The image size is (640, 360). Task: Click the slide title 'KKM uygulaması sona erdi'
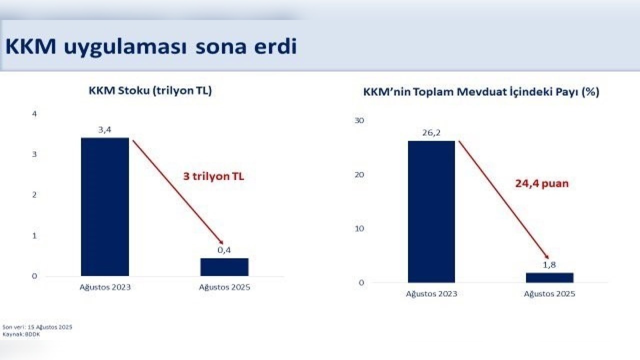(151, 47)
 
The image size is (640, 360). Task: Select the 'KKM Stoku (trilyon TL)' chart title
(150, 91)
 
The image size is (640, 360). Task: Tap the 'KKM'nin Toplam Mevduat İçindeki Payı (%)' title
(481, 92)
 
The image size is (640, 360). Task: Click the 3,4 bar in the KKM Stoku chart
(105, 207)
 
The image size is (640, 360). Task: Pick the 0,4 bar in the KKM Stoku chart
(224, 267)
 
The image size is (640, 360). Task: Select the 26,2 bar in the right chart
(431, 211)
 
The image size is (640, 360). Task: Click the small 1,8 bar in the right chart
(549, 277)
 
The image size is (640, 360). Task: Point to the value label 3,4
(105, 130)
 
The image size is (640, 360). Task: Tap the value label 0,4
(224, 250)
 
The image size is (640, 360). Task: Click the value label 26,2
(431, 133)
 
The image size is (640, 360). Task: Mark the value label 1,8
(549, 265)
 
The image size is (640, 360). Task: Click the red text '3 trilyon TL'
(213, 176)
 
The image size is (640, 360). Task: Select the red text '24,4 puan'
(542, 183)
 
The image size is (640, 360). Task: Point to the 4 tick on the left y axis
(34, 114)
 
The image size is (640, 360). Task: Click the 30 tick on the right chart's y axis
(359, 120)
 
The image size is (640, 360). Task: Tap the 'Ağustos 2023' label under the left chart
(105, 287)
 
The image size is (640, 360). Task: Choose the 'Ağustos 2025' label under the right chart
(549, 293)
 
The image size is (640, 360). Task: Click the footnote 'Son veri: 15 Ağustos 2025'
(37, 327)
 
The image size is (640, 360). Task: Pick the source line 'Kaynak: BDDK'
(21, 334)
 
